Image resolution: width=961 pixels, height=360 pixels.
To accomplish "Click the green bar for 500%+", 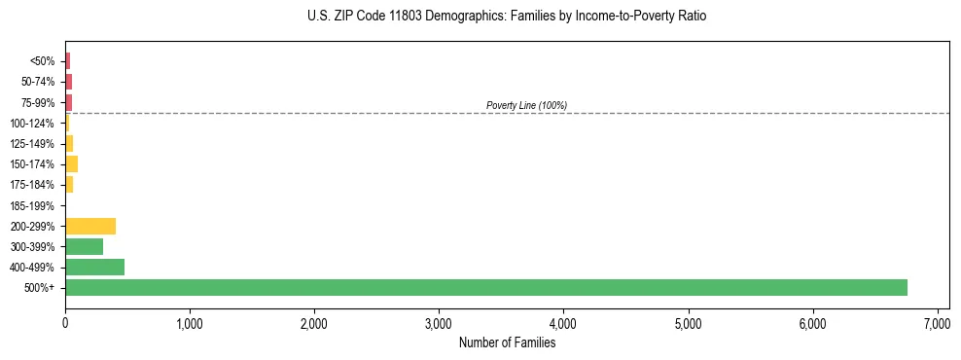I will pyautogui.click(x=486, y=287).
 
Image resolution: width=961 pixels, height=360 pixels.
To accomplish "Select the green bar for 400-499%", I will pyautogui.click(x=94, y=267).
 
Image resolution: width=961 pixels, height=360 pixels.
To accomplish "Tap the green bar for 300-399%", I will pyautogui.click(x=84, y=246).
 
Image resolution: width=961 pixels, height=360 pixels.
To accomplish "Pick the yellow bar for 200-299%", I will pyautogui.click(x=90, y=226).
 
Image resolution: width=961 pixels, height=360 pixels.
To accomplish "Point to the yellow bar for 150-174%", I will pyautogui.click(x=71, y=163).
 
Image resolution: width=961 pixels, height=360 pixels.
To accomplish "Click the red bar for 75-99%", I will pyautogui.click(x=68, y=102).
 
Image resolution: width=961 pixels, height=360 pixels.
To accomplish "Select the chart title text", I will pyautogui.click(x=507, y=17).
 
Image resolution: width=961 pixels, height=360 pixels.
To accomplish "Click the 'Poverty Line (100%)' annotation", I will pyautogui.click(x=526, y=105).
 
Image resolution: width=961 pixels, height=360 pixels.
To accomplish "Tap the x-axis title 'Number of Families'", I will pyautogui.click(x=507, y=342).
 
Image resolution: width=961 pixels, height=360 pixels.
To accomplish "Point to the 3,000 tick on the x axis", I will pyautogui.click(x=439, y=323).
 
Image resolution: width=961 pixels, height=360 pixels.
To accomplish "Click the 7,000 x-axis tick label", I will pyautogui.click(x=937, y=323).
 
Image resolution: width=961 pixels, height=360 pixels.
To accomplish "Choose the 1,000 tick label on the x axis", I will pyautogui.click(x=190, y=323).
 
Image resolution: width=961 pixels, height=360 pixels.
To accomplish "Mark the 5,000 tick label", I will pyautogui.click(x=688, y=323).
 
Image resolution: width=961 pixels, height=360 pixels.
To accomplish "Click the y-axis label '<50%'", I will pyautogui.click(x=43, y=61).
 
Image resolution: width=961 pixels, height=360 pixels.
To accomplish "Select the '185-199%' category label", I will pyautogui.click(x=32, y=205).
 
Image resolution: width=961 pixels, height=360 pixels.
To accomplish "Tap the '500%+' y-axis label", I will pyautogui.click(x=40, y=288).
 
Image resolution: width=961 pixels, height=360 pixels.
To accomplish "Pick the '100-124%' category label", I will pyautogui.click(x=32, y=124).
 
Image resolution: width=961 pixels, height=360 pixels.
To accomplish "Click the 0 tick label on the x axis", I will pyautogui.click(x=65, y=323).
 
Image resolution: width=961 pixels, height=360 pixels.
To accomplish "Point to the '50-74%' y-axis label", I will pyautogui.click(x=38, y=82).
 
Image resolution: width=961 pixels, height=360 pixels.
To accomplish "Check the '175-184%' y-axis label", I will pyautogui.click(x=32, y=185).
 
